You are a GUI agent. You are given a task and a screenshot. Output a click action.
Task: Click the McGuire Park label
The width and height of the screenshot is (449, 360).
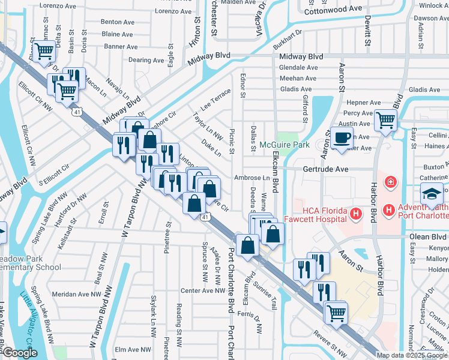pyautogui.click(x=284, y=145)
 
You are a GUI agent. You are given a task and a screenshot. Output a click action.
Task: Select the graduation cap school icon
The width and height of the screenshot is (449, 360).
pyautogui.click(x=432, y=194)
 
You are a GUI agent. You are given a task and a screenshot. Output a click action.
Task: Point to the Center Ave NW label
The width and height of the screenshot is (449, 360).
pyautogui.click(x=202, y=291)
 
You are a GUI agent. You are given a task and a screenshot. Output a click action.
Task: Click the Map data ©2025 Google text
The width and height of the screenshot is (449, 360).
pyautogui.click(x=412, y=355)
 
